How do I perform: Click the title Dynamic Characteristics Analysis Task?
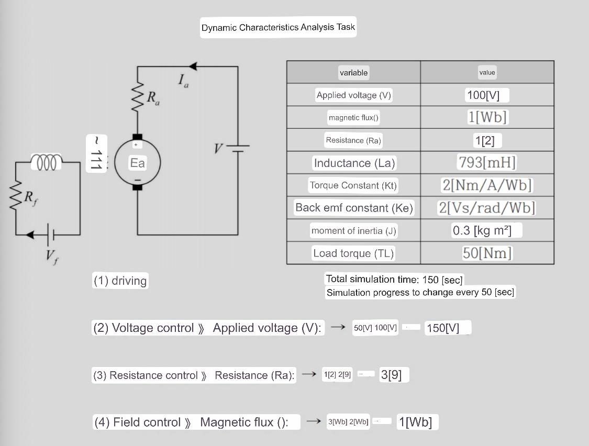278,27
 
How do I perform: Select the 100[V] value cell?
486,95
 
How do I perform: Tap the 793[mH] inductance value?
486,162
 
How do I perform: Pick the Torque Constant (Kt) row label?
353,185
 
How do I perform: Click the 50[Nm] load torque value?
486,253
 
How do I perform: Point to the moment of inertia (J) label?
353,230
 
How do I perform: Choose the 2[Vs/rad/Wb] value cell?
486,208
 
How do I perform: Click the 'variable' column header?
353,73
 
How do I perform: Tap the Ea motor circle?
137,163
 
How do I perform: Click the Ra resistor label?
153,98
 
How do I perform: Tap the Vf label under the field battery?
51,257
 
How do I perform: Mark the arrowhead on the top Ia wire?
193,66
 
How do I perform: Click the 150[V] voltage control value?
443,328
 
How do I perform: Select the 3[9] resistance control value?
392,375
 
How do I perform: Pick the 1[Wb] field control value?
415,422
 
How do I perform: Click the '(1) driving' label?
120,281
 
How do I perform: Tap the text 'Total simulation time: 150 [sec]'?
394,280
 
